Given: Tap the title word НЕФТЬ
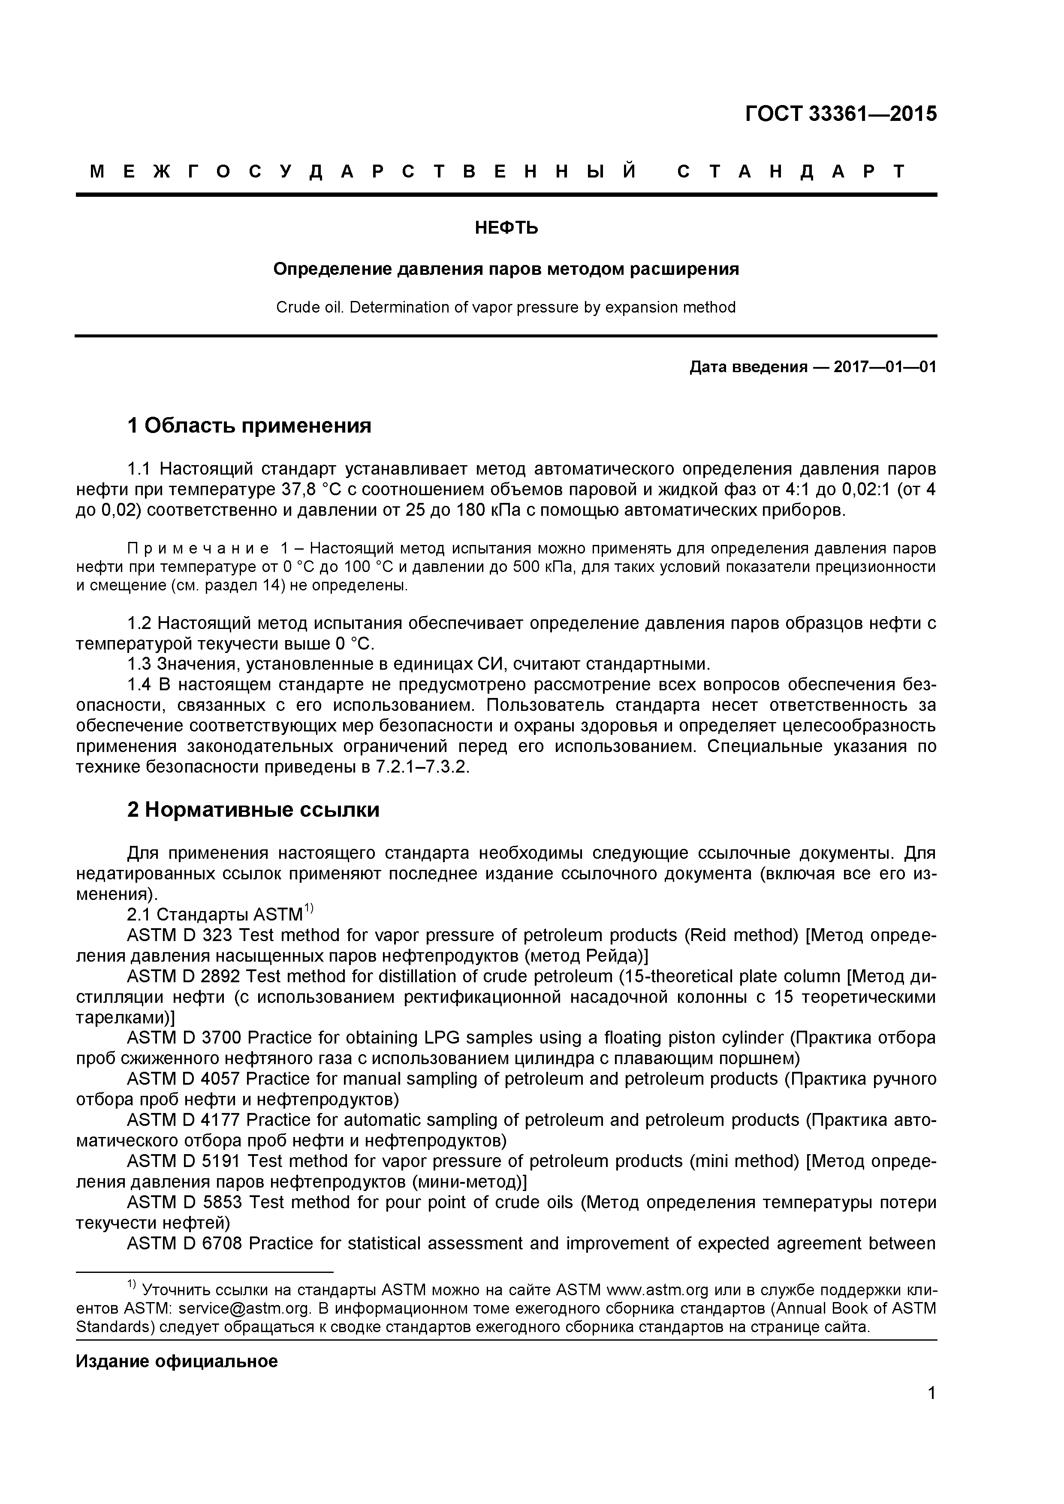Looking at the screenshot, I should [x=506, y=228].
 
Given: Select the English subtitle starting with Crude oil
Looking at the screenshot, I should [x=506, y=307].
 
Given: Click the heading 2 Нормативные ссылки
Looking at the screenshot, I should [x=253, y=810].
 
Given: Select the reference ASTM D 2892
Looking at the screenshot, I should [x=186, y=976].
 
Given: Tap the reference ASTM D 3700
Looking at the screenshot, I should [x=186, y=1038].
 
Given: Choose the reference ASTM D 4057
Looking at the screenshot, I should [x=186, y=1079].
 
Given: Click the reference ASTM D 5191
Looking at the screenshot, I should [x=186, y=1161].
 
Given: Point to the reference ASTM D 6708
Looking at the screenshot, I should [x=186, y=1243].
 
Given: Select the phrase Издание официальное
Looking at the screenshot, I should [x=177, y=1362].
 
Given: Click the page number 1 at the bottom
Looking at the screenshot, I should [x=931, y=1411].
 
